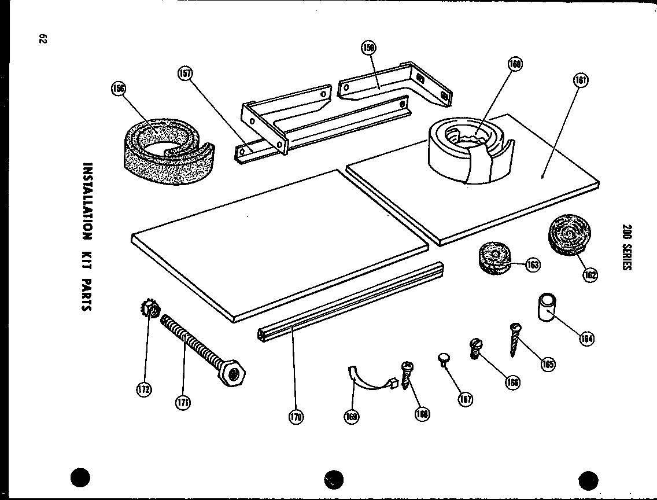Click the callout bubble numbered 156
119,88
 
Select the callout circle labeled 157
186,73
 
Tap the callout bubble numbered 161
580,81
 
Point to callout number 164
587,339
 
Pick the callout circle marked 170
296,417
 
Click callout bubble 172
143,389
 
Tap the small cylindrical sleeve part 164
547,307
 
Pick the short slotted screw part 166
475,349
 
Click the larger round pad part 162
567,234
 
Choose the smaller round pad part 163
494,258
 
